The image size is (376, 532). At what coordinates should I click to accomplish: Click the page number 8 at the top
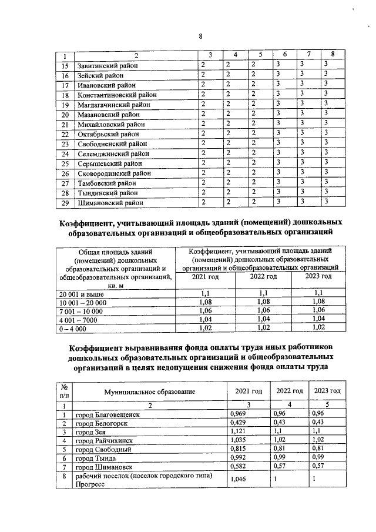tap(200, 36)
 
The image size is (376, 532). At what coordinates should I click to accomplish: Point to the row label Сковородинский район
tap(114, 173)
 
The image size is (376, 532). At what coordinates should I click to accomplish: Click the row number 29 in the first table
tap(66, 203)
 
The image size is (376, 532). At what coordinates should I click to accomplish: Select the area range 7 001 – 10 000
tap(80, 310)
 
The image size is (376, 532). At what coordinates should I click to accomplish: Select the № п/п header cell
tap(63, 392)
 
